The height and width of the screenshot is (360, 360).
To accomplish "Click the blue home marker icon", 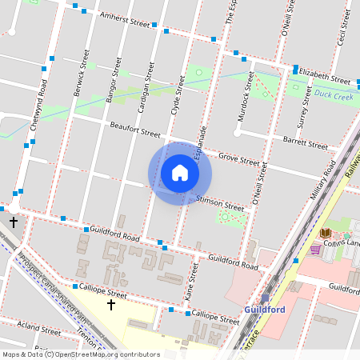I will point(180,173).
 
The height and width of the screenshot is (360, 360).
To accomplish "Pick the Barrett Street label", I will point(306,142).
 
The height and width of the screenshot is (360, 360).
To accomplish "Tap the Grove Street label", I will point(239,159).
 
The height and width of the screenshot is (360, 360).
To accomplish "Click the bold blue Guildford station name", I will point(265,310).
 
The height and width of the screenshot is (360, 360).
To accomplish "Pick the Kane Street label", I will point(190,285).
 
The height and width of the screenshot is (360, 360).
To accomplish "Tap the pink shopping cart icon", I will point(315,249).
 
